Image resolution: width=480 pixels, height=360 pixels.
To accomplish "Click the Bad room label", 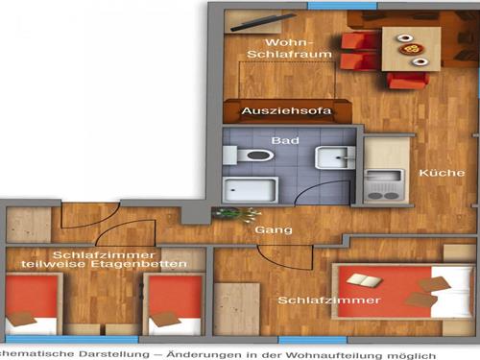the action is tap(285, 140).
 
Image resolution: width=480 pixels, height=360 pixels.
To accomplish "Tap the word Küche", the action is tap(442, 173).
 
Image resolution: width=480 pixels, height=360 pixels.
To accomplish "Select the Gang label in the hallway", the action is tap(274, 230).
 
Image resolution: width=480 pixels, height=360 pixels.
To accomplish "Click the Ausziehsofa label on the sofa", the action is tap(286, 111).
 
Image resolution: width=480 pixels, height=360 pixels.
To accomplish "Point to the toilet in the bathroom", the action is tap(249, 156).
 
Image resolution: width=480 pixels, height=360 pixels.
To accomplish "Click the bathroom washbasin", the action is tap(335, 157).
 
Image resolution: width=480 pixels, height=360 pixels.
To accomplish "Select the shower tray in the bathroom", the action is tap(251, 189).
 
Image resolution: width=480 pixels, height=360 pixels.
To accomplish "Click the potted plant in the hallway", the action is tap(236, 214).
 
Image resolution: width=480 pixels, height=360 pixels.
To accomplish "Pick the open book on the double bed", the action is tap(365, 280).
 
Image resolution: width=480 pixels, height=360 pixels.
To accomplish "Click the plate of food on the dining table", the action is tap(411, 49).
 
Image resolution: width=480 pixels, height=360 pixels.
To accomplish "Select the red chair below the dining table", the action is tap(407, 81).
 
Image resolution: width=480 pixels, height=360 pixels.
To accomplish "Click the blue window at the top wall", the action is tap(343, 6).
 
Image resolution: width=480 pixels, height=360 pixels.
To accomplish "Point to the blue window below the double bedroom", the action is tap(312, 340).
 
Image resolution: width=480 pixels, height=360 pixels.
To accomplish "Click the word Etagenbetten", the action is tap(138, 264).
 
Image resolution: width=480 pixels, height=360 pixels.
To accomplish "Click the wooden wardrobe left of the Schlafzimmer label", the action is tap(237, 309).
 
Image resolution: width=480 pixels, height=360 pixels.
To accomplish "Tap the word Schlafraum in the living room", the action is tap(289, 54).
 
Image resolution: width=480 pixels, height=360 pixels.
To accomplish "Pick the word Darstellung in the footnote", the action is tap(113, 354).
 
